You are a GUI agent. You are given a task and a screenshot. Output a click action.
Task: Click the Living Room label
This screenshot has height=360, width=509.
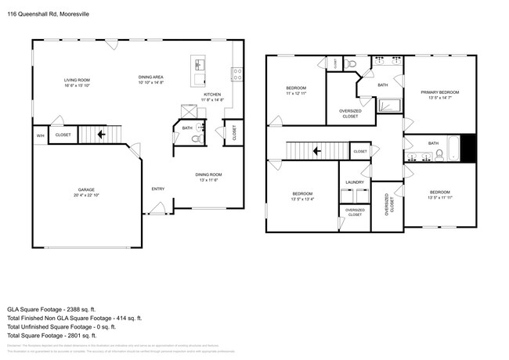(x=77, y=80)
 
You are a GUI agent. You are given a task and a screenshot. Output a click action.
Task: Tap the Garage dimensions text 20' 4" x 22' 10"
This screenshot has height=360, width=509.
(x=87, y=196)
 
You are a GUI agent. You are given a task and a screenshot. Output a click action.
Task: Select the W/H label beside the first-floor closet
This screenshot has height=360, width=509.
(x=39, y=135)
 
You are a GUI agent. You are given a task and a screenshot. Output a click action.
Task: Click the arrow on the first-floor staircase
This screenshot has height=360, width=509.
(x=101, y=135)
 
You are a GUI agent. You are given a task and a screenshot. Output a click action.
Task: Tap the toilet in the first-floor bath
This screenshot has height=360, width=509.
(x=196, y=139)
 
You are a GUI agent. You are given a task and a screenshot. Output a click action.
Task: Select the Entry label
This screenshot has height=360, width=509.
(x=157, y=189)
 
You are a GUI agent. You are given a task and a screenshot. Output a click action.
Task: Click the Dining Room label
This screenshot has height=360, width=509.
(x=208, y=175)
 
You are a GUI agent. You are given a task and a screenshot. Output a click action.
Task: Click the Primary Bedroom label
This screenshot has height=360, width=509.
(x=439, y=92)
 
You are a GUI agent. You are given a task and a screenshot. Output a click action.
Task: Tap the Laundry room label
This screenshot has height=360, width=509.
(x=355, y=182)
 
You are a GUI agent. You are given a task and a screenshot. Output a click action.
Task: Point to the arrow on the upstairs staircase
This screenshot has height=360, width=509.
(x=317, y=150)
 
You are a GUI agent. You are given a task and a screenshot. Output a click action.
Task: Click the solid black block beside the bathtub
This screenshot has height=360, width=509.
(x=467, y=147)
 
